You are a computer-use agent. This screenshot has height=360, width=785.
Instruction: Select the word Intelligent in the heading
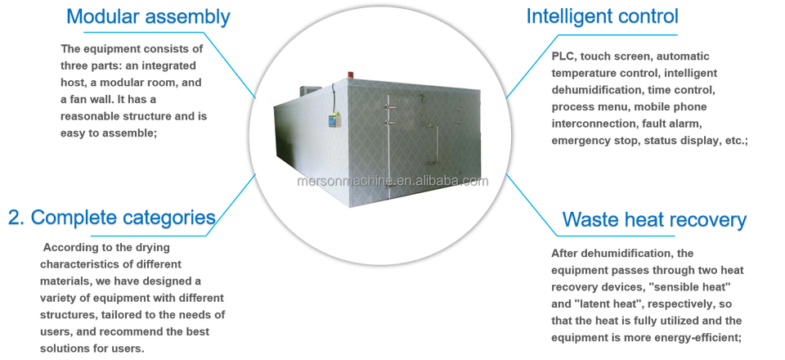[x=573, y=16]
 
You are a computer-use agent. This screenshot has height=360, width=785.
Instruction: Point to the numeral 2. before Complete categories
[x=16, y=218]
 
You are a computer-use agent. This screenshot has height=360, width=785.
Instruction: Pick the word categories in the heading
[x=171, y=218]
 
